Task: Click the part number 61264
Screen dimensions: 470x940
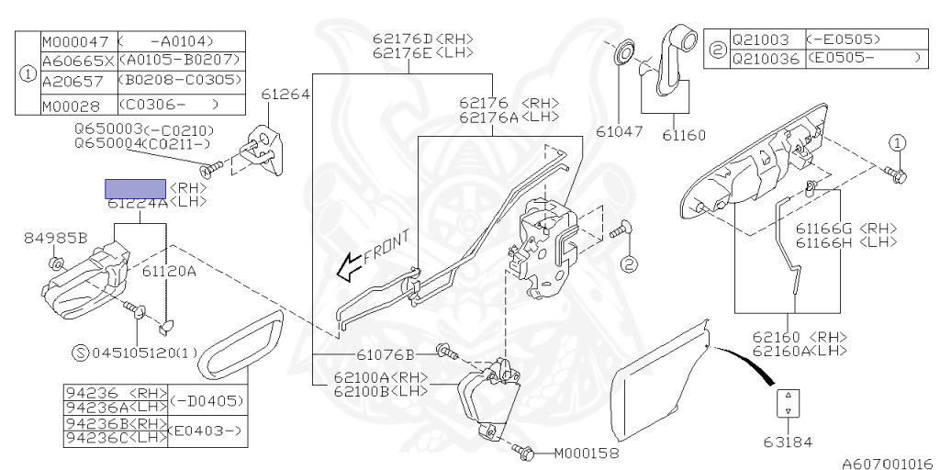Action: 285,95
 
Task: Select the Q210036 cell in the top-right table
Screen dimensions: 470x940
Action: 766,58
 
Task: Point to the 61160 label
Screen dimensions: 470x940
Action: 683,135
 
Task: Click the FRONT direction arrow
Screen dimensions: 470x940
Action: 348,267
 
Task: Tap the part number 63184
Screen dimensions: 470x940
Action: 788,442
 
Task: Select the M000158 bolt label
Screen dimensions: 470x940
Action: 587,453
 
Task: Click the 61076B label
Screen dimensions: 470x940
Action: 386,353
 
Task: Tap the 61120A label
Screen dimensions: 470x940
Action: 169,272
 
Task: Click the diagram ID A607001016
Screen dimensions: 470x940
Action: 887,464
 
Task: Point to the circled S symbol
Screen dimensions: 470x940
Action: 80,352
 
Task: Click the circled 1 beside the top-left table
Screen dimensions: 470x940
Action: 28,72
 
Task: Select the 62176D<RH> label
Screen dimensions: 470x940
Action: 423,39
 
